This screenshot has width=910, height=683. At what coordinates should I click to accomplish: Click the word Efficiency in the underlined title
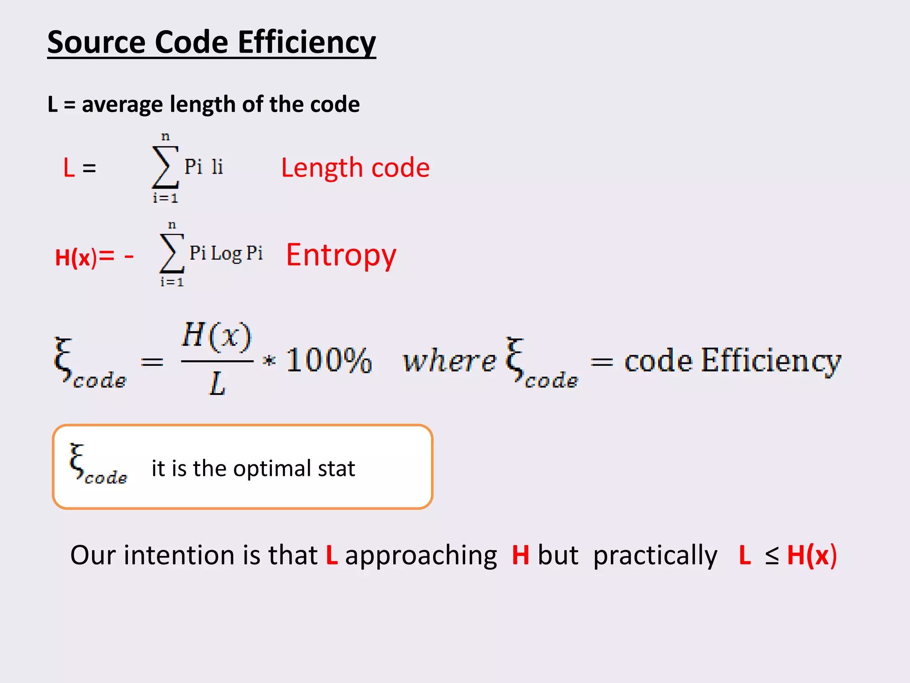[x=307, y=43]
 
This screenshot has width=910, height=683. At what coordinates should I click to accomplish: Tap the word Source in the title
[x=96, y=43]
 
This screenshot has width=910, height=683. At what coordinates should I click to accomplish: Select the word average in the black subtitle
[x=122, y=105]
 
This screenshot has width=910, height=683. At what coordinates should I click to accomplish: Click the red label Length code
[x=355, y=168]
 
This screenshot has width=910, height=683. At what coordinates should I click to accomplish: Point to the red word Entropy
[x=341, y=255]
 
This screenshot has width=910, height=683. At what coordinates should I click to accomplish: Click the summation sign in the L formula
[x=165, y=167]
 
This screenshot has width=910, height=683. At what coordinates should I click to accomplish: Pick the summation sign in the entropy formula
[x=172, y=253]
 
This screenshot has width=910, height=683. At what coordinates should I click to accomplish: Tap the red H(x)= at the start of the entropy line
[x=84, y=257]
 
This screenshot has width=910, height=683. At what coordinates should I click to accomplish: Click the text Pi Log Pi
[x=226, y=253]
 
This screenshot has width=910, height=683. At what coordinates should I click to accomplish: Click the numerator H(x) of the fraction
[x=217, y=336]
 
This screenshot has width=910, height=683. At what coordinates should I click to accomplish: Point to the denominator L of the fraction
[x=217, y=383]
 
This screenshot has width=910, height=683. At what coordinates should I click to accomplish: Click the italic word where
[x=449, y=361]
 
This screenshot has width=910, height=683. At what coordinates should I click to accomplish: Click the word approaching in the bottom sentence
[x=421, y=556]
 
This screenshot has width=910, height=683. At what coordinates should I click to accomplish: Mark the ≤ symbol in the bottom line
[x=772, y=556]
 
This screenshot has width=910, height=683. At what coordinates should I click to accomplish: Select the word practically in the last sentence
[x=655, y=556]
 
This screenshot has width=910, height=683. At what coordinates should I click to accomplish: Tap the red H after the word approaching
[x=520, y=556]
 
